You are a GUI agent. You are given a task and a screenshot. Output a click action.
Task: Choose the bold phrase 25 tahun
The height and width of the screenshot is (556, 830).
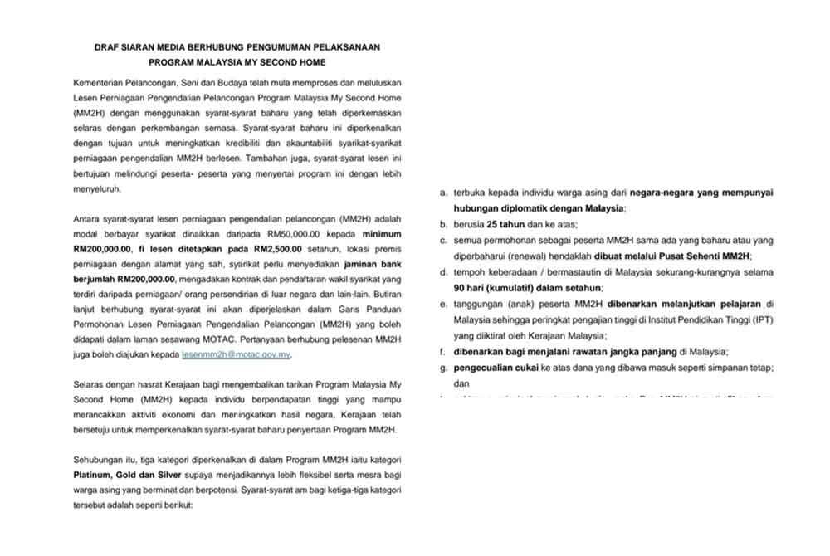pos(503,225)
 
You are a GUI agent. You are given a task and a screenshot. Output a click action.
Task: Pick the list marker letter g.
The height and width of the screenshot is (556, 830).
pos(443,367)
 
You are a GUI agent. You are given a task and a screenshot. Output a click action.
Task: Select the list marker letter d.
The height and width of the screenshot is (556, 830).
pos(443,272)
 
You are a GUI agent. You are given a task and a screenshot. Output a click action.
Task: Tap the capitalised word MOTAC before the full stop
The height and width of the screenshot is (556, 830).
pos(248,339)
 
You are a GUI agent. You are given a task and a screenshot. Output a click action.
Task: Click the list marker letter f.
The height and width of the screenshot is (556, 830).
pos(443,351)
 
